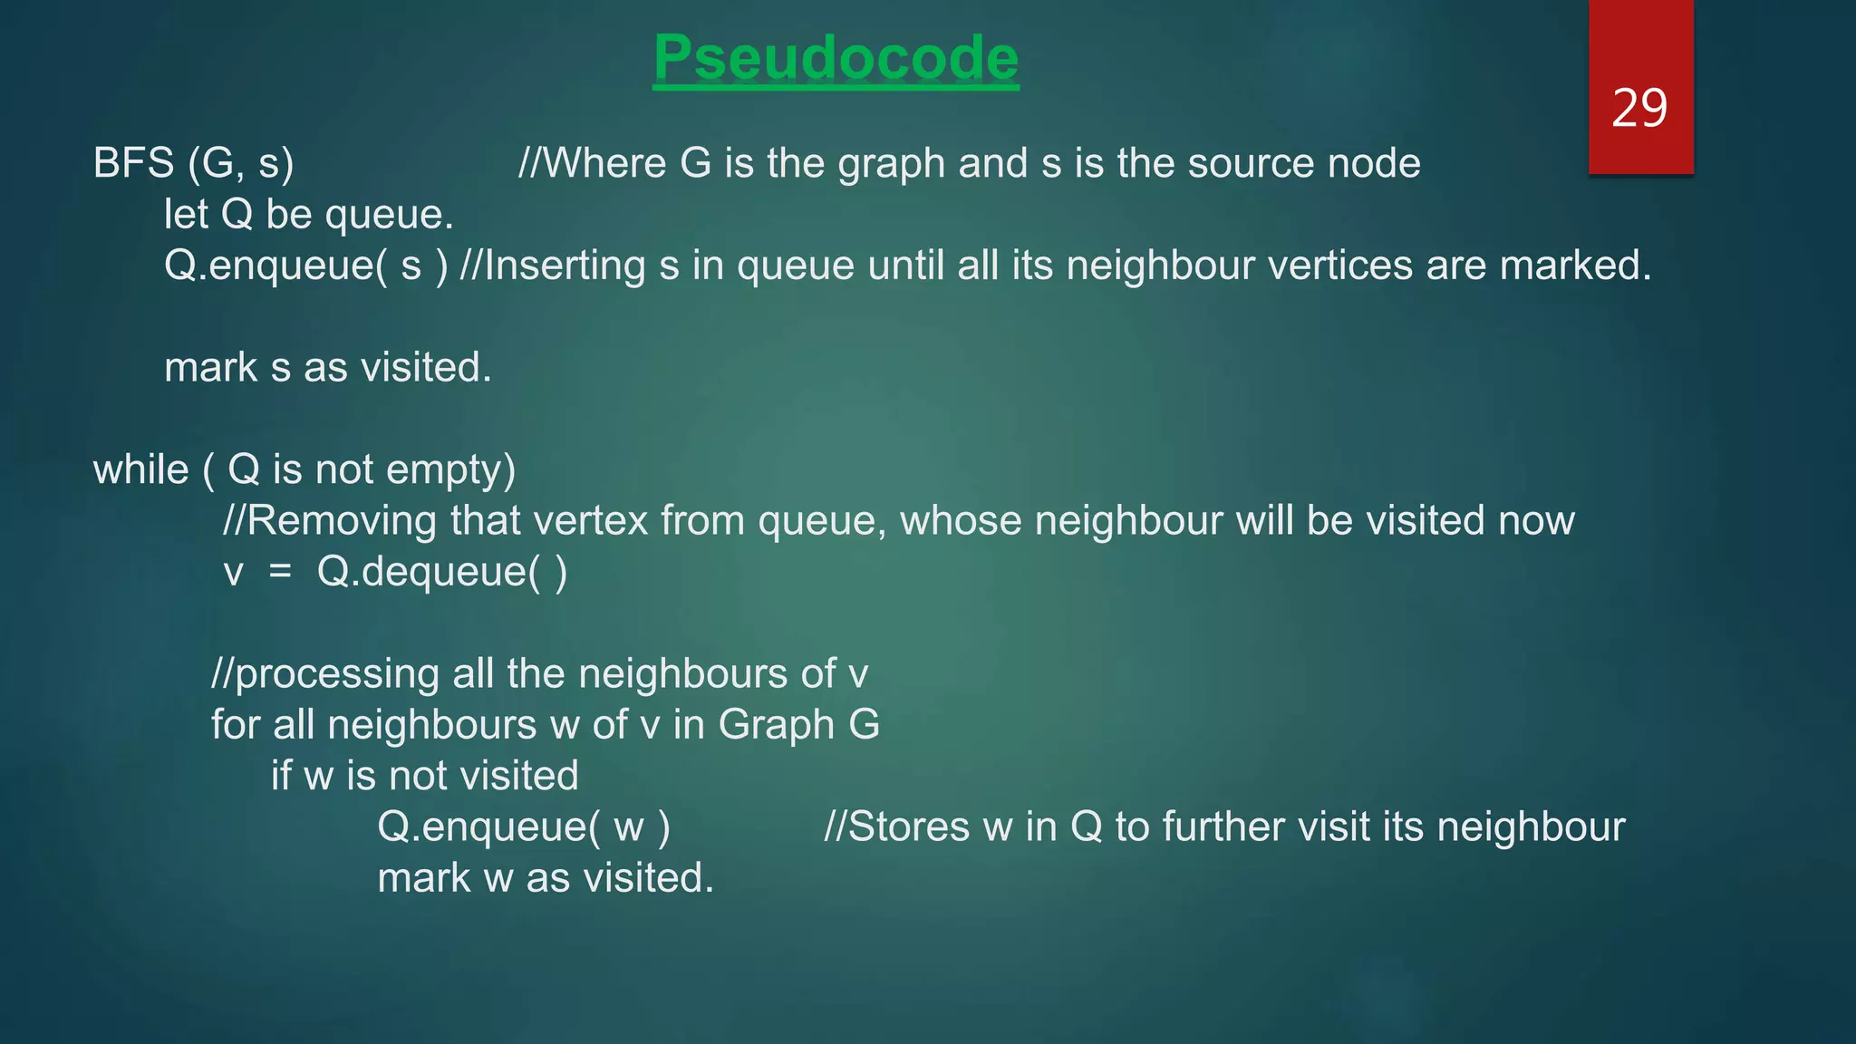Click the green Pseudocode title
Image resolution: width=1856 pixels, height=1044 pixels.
(836, 58)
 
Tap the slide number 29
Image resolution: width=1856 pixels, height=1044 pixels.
(1639, 108)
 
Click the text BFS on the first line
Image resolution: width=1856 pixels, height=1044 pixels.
(134, 163)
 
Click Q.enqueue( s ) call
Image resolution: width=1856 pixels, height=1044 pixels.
(305, 266)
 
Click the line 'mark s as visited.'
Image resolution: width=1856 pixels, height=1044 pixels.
(328, 368)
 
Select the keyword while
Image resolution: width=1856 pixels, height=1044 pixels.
(141, 469)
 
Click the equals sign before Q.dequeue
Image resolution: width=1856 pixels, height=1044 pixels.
(280, 572)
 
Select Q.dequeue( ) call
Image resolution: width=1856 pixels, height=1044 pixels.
(442, 572)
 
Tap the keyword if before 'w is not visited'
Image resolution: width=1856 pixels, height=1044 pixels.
(282, 776)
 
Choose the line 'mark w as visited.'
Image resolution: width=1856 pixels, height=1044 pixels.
(546, 878)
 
